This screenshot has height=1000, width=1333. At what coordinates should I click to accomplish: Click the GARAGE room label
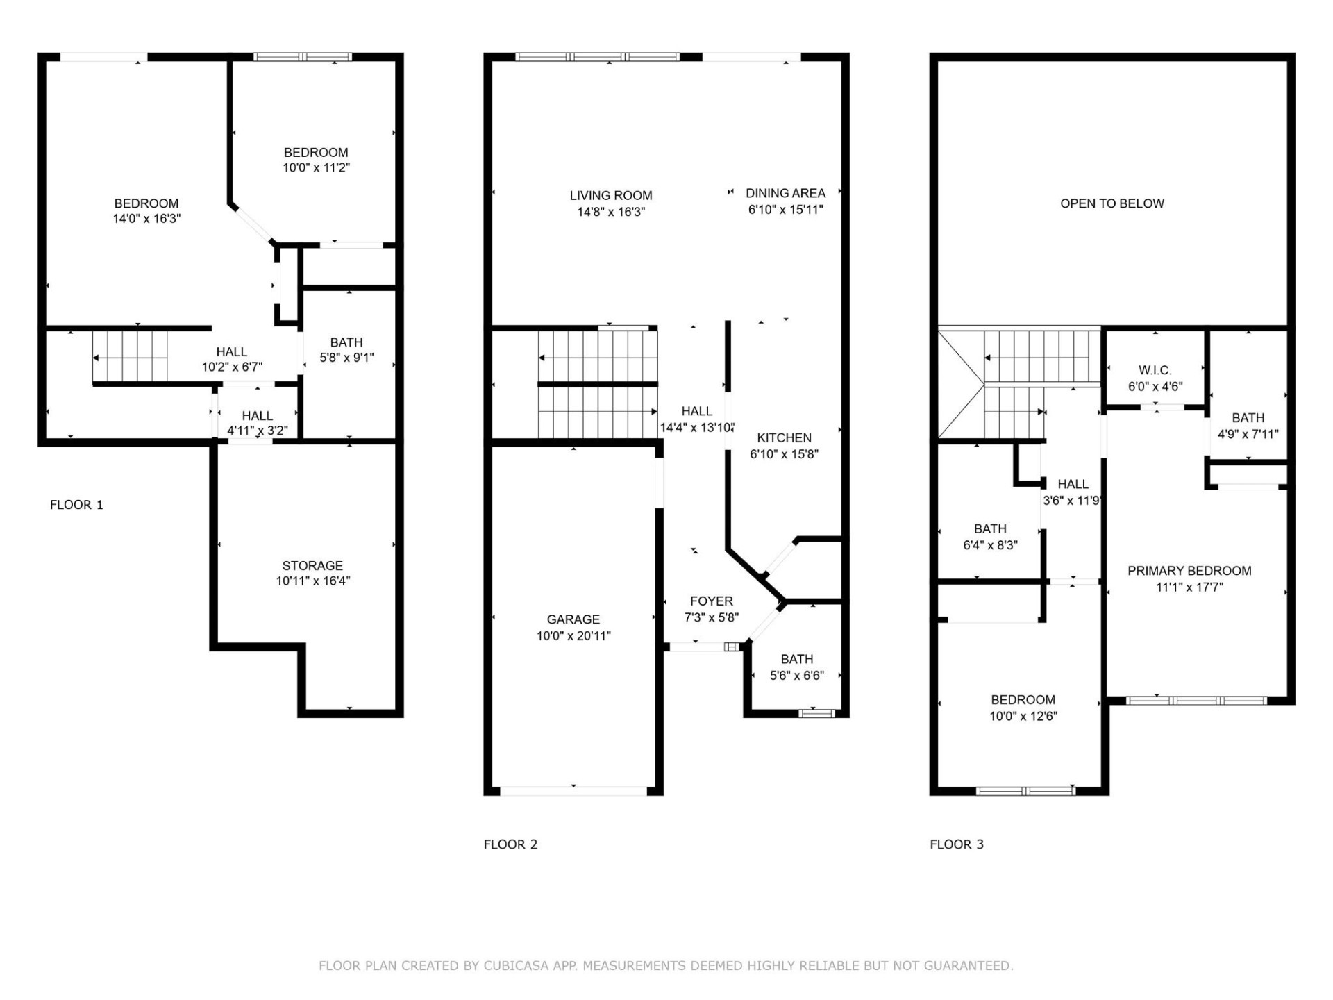pos(573,619)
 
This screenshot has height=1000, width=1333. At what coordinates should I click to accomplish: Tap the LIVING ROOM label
pos(611,196)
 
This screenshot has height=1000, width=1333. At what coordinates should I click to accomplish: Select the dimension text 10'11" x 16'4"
pos(313,581)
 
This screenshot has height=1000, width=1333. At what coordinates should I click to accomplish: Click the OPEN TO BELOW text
pos(1112,203)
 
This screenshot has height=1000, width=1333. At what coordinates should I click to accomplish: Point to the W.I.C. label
pos(1155,370)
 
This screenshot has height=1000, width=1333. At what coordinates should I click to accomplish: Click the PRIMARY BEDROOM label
pos(1189,571)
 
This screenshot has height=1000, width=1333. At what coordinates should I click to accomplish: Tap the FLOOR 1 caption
pos(76,505)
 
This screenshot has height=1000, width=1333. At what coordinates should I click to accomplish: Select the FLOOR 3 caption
pos(956,844)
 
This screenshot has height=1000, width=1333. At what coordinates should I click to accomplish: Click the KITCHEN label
pos(784,438)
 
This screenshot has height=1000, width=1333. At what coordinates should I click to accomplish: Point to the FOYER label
pos(711,601)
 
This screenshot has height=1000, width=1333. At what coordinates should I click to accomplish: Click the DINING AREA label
pos(785,193)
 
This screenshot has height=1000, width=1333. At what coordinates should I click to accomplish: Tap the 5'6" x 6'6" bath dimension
pos(796,676)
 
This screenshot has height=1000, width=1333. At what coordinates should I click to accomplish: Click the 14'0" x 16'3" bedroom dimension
pos(146,219)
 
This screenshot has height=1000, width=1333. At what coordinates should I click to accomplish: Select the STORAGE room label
pos(312,566)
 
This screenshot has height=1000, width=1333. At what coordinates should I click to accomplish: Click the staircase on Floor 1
pos(131,357)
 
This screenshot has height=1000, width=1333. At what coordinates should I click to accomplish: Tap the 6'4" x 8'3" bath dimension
pos(990,546)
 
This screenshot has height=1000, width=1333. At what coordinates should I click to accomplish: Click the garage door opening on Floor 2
pos(573,791)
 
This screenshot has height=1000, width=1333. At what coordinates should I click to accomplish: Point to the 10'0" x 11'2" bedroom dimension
pos(316,167)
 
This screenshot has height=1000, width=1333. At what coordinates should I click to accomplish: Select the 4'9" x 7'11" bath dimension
pos(1248,435)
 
